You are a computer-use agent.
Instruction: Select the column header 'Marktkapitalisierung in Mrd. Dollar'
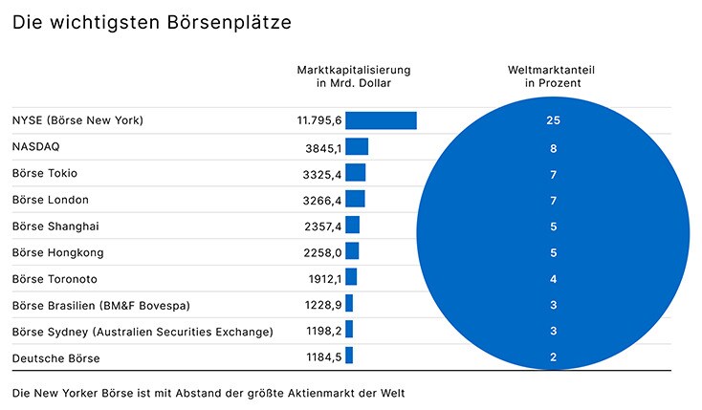coord(353,76)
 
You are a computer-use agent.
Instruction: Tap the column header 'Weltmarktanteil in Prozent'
coord(553,76)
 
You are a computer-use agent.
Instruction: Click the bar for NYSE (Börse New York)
coord(381,120)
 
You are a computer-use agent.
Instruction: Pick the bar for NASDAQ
coord(357,147)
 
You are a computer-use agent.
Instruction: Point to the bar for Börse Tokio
coord(355,173)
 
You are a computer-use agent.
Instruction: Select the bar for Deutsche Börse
coord(349,356)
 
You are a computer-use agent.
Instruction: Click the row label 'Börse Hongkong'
coord(57,252)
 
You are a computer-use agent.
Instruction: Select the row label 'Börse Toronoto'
coord(55,279)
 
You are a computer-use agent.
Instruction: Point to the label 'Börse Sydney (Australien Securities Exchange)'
coord(143,332)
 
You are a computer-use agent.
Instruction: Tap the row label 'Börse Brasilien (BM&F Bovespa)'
coord(101,305)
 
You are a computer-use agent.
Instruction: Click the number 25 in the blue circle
coord(553,121)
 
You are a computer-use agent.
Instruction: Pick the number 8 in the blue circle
coord(553,148)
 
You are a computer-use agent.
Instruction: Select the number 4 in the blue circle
coord(553,279)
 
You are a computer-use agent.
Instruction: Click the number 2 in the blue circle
coord(553,357)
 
